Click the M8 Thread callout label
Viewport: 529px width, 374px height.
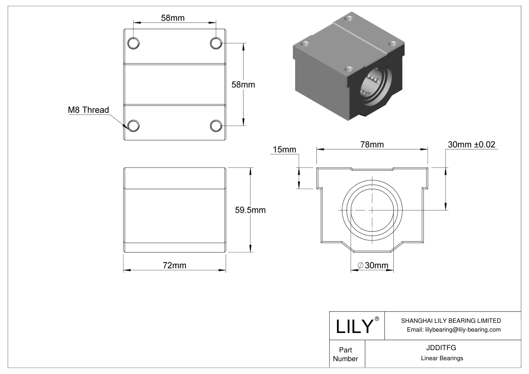point(88,110)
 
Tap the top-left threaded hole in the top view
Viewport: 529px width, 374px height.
point(134,43)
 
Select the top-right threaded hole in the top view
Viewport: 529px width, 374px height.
point(216,43)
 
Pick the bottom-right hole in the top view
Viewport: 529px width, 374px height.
point(216,126)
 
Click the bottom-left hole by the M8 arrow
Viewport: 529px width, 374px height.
point(134,126)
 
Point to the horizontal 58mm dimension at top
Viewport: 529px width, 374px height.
point(173,18)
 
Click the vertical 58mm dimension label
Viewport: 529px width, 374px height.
point(243,84)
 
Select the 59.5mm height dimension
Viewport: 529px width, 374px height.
point(250,210)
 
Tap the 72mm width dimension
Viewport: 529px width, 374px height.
point(174,265)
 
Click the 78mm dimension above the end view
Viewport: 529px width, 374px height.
point(372,144)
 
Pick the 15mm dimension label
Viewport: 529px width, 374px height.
point(284,149)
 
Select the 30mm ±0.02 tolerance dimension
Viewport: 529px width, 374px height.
point(471,144)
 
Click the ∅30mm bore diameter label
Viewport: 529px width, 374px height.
point(373,265)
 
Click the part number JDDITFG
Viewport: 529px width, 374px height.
point(441,348)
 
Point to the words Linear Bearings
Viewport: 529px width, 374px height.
point(442,358)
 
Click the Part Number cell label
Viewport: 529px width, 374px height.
point(346,354)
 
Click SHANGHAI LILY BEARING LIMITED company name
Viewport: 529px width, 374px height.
point(451,321)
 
